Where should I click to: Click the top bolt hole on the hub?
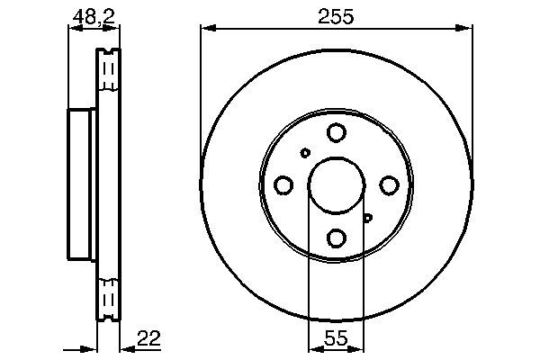[336, 133]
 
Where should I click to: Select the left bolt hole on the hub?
[283, 185]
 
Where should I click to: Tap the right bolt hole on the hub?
[389, 184]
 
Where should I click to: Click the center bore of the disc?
[336, 184]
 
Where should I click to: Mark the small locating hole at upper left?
[305, 153]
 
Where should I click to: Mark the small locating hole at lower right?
[367, 217]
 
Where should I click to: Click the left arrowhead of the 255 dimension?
[205, 30]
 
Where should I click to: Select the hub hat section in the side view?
[82, 184]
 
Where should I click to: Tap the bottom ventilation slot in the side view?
[108, 298]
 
